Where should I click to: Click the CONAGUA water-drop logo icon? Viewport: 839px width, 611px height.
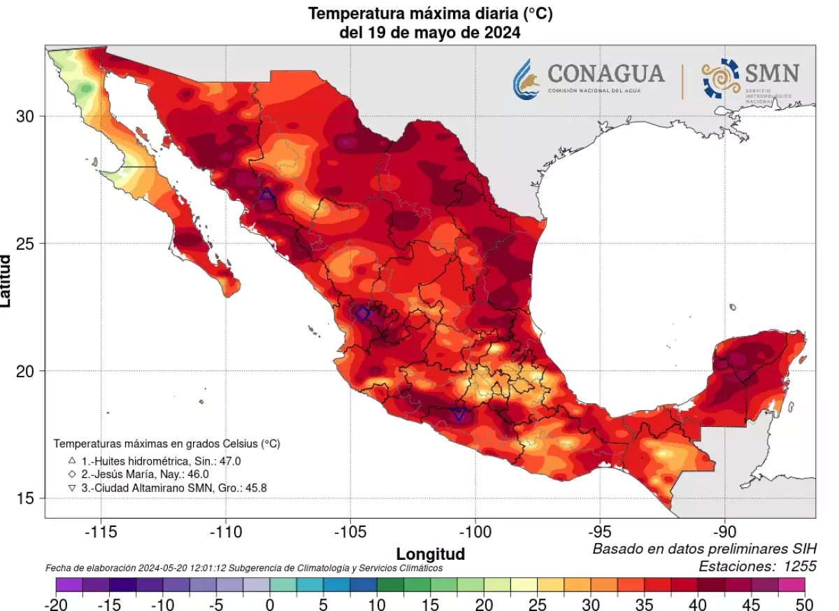point(526,78)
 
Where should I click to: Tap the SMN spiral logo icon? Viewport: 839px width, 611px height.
point(720,78)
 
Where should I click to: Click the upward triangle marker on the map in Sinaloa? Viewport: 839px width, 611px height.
point(266,194)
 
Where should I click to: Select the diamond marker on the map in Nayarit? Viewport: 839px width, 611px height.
point(362,314)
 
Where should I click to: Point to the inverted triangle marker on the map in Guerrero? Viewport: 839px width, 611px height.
point(459,414)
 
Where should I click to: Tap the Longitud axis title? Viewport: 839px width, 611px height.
point(431,554)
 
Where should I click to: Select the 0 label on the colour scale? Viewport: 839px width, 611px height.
point(269,604)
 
